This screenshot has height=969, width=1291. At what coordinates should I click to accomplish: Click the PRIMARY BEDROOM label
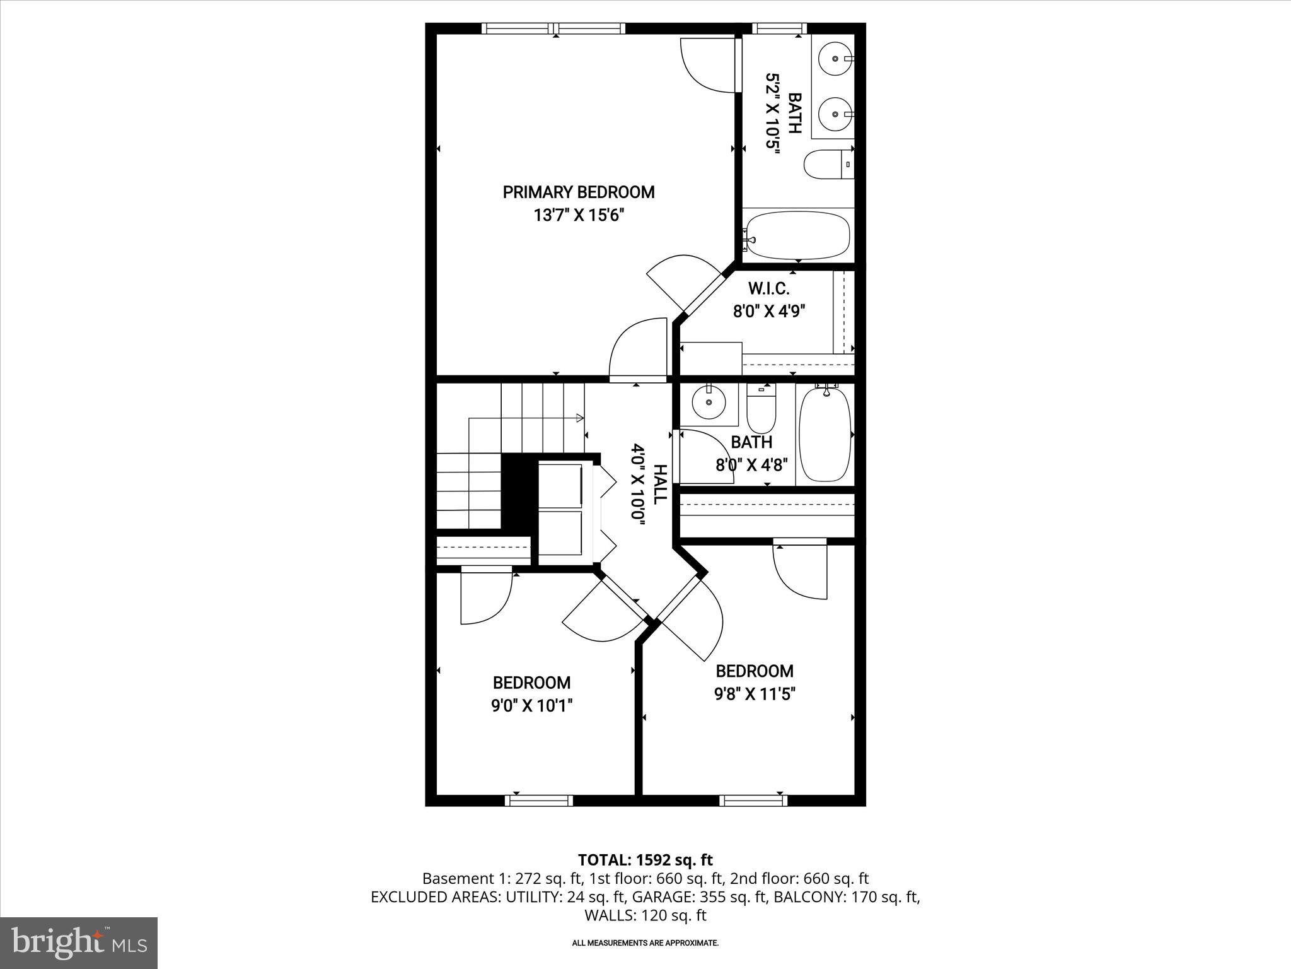coord(578,192)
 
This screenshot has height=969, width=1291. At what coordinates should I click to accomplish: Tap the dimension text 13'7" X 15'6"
coord(578,216)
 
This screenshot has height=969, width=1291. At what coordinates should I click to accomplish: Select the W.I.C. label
coord(768,288)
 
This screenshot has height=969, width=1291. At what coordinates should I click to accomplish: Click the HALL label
coord(659,484)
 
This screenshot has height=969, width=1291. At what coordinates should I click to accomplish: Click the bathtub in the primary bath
coord(797,235)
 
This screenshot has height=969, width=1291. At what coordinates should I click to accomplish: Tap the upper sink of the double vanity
coord(835,58)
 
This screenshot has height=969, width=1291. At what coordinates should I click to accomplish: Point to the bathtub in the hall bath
coord(825,434)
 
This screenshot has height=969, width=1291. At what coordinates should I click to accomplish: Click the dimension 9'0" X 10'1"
coord(531,705)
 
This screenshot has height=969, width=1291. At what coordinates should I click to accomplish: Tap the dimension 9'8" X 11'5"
coord(754,694)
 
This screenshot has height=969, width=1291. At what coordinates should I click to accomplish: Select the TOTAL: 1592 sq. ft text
coord(645,860)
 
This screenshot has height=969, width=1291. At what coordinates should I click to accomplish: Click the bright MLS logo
coord(79,943)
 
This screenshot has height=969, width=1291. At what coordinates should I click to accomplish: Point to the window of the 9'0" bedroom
coord(539,801)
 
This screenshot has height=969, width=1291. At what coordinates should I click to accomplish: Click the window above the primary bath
coord(780,28)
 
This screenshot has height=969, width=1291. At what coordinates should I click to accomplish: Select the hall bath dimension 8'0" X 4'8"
coord(751,466)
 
